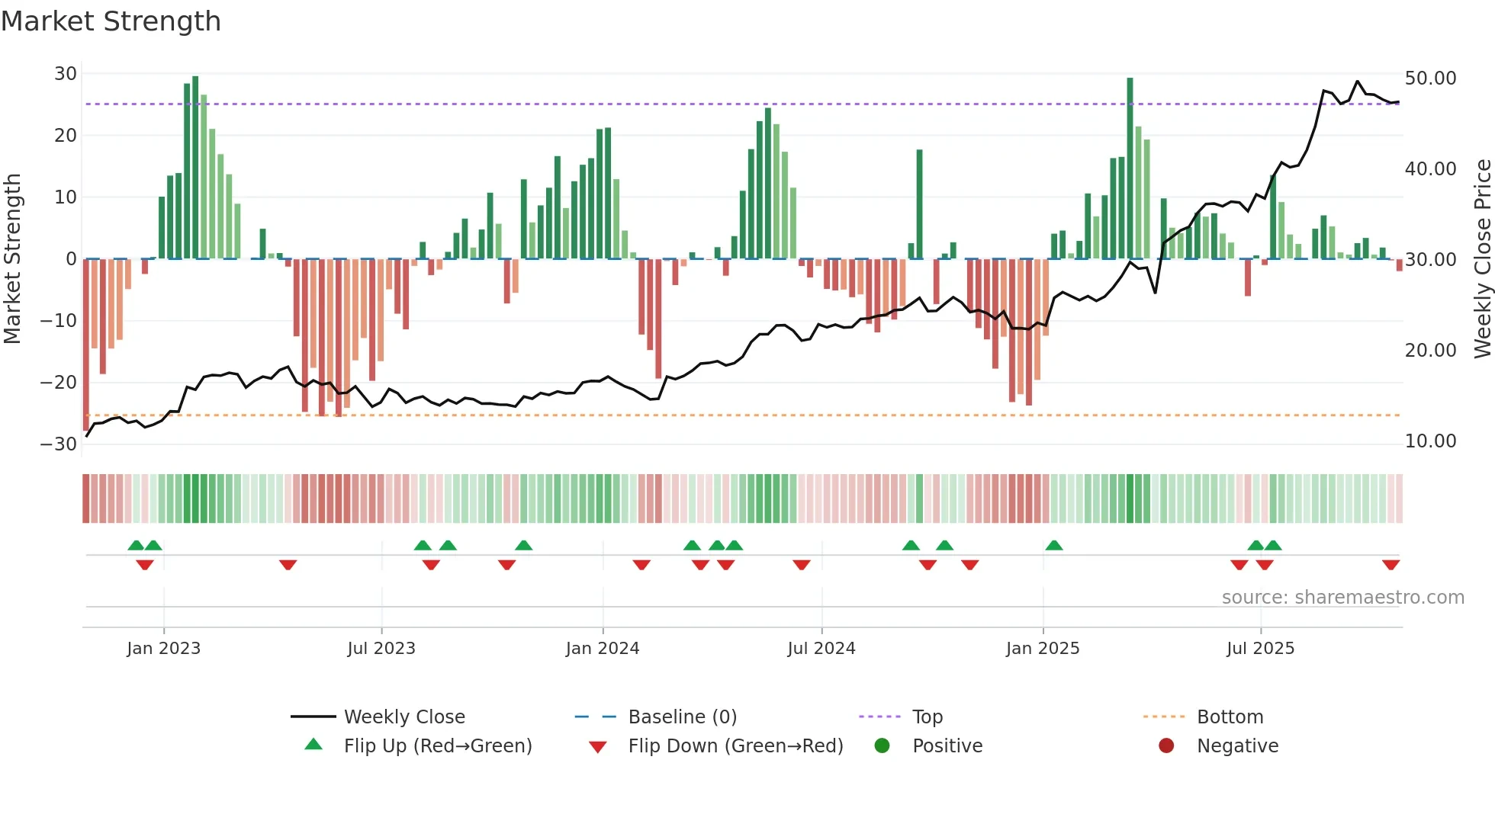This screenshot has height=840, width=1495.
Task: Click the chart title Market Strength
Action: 111,21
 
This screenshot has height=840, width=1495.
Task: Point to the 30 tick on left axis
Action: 66,74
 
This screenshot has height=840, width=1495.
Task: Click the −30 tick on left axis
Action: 59,444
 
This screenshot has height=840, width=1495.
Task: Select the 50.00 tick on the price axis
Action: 1430,79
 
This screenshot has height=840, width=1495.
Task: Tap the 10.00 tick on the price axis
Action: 1430,441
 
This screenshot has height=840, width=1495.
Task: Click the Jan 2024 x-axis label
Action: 602,649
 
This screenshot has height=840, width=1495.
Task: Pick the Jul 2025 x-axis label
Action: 1260,649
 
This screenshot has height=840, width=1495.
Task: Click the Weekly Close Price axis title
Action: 1482,259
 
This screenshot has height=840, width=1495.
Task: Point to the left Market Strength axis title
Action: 12,259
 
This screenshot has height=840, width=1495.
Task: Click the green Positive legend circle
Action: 882,746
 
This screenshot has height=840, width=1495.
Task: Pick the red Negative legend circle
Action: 1165,746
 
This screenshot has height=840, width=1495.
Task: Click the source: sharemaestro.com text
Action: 1342,598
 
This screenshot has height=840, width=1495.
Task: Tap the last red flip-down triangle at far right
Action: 1391,565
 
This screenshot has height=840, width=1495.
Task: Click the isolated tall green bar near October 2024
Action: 919,204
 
